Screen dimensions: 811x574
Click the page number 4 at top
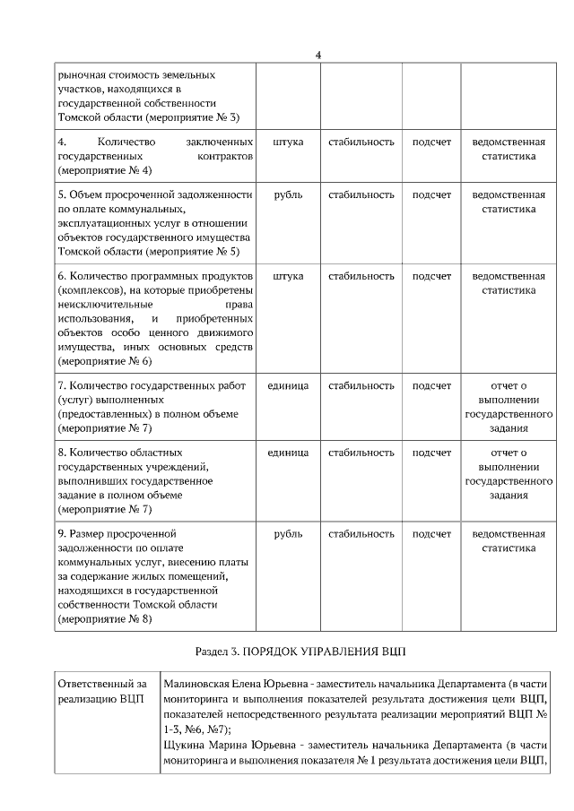(x=318, y=56)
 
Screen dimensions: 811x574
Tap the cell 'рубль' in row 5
(x=287, y=194)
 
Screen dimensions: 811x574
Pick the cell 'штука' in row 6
(x=287, y=275)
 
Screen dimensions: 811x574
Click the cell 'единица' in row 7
(x=288, y=385)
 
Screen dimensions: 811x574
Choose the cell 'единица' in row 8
(x=288, y=453)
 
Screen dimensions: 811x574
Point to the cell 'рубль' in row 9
(x=287, y=534)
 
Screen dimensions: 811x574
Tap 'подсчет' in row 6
(x=431, y=275)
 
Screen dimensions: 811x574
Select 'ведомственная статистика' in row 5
(x=509, y=202)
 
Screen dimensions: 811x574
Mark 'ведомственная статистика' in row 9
(x=509, y=540)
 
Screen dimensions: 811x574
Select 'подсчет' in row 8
(x=431, y=453)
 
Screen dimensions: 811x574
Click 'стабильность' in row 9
(x=361, y=534)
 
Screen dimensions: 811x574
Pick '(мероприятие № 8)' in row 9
(x=104, y=618)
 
